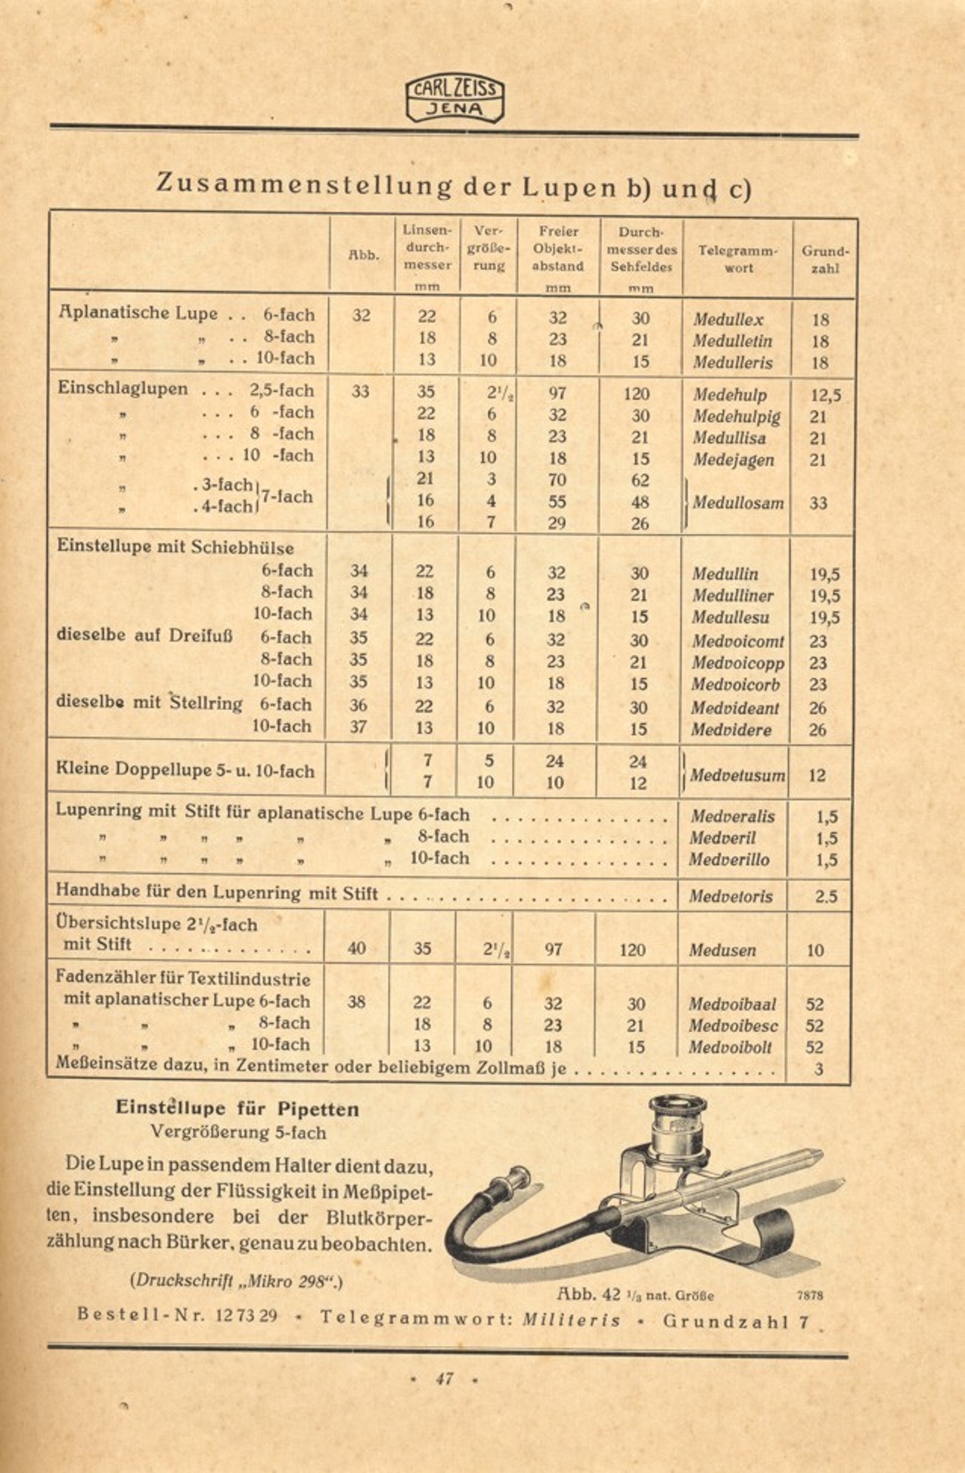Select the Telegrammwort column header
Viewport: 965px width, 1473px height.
[737, 259]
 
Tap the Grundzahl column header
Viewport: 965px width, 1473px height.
[825, 259]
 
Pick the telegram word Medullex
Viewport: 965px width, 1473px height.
[728, 320]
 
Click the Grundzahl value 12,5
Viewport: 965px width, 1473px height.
[824, 395]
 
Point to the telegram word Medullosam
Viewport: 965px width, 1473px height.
[737, 503]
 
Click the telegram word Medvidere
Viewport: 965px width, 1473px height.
[731, 730]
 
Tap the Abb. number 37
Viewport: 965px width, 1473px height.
[358, 727]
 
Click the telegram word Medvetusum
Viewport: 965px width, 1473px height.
[737, 776]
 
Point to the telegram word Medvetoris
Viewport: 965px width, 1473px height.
[731, 897]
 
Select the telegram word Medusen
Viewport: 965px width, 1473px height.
[722, 950]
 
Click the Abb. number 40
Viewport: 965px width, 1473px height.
[356, 948]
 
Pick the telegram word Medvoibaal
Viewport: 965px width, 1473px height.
[732, 1004]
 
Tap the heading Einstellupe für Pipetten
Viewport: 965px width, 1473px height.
[237, 1109]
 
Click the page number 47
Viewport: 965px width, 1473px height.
[444, 1378]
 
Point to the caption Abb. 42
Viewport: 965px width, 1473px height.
[589, 1293]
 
